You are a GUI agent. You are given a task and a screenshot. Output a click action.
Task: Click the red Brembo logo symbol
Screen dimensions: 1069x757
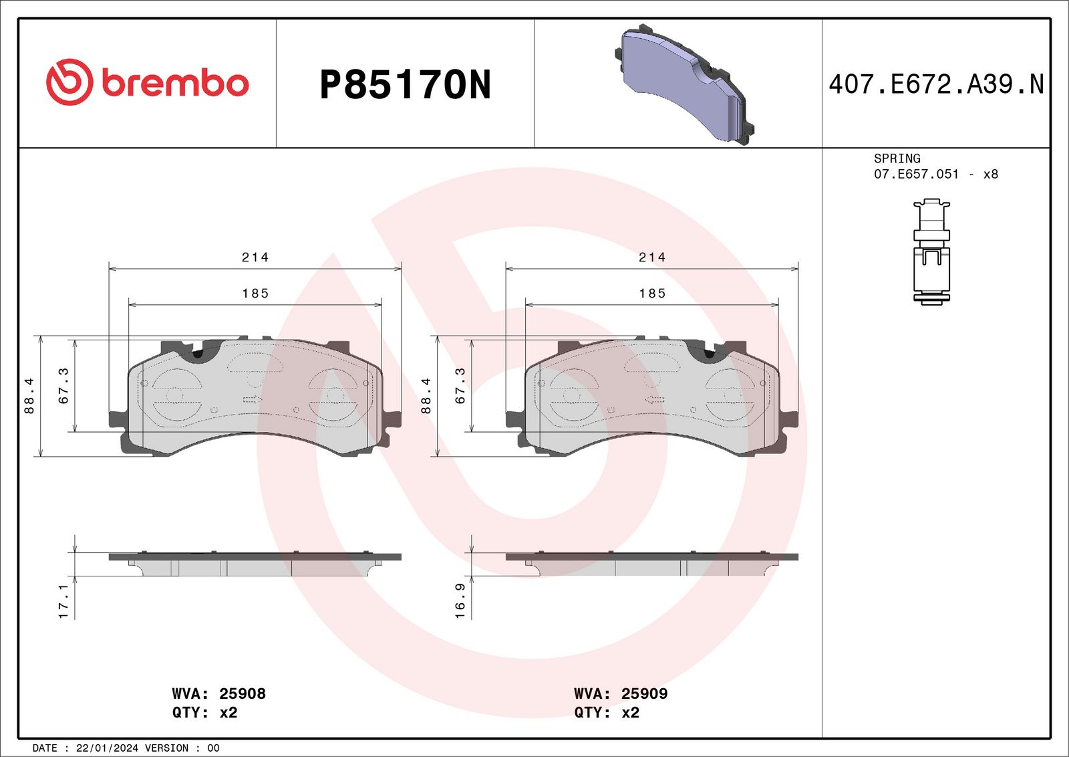[69, 82]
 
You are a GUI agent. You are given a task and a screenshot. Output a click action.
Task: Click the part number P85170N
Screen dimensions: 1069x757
[405, 84]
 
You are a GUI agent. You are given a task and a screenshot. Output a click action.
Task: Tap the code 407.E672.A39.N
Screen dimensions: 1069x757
[936, 84]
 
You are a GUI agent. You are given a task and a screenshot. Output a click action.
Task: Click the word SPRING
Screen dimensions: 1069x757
[897, 158]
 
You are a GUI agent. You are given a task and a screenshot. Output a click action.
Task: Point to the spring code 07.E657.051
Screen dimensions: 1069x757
[916, 175]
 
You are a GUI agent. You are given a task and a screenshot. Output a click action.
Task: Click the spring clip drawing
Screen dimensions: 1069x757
[931, 251]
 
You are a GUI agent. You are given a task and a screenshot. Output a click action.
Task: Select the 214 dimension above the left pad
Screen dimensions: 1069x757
[255, 257]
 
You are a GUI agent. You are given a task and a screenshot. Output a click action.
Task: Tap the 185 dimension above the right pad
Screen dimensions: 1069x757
[652, 294]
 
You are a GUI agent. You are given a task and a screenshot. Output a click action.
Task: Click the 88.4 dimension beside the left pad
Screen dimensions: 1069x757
[29, 396]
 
